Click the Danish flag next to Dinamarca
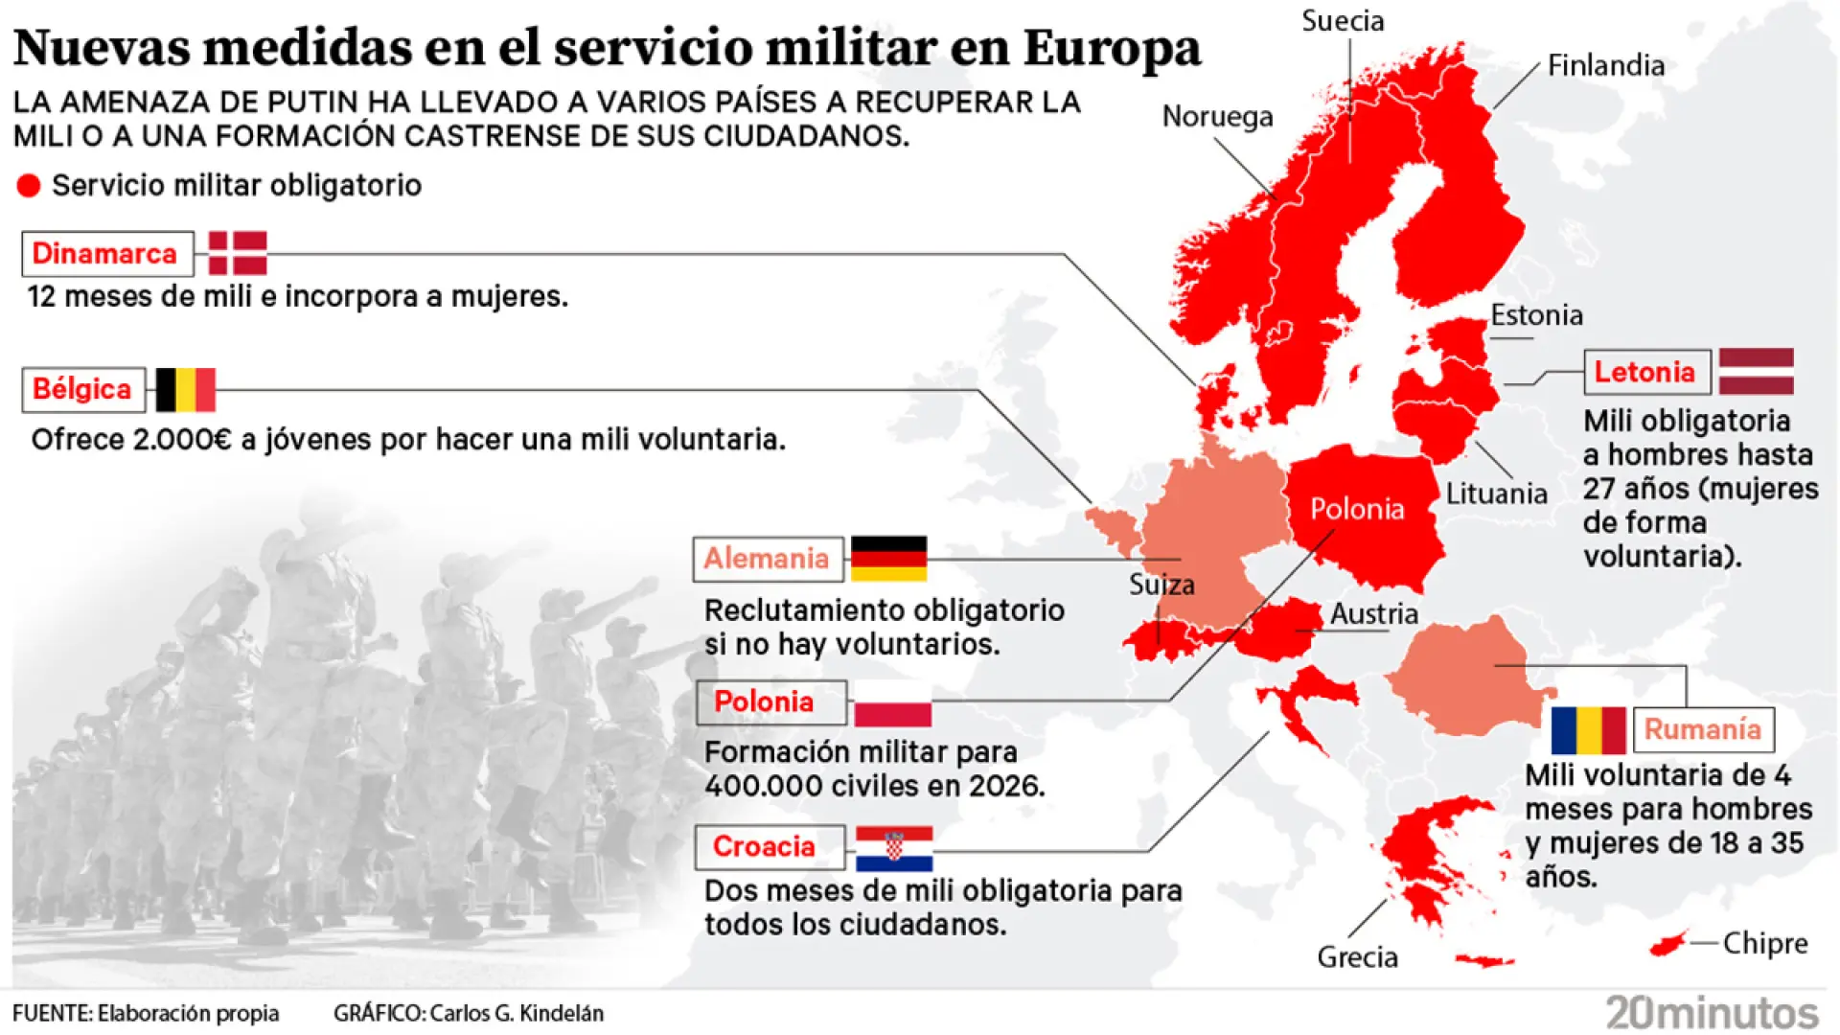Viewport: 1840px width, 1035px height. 237,253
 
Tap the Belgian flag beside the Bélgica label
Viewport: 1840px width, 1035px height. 186,389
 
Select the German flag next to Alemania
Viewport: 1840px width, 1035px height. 888,559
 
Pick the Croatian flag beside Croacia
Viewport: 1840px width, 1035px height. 893,848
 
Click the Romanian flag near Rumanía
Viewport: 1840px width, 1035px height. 1588,730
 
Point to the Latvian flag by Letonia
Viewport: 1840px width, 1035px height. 1756,372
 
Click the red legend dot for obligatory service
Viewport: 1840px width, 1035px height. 29,186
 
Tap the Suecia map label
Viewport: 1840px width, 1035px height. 1342,21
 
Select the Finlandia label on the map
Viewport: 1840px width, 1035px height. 1605,65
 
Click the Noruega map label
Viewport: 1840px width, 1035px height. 1217,116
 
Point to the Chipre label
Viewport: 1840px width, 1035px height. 1764,943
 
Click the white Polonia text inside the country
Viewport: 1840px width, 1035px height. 1357,509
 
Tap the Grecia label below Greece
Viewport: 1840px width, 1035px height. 1357,956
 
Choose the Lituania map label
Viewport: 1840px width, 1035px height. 1496,494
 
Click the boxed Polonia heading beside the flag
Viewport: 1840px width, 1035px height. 764,701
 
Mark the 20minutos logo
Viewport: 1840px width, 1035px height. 1712,1012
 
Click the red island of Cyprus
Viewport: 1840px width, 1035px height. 1667,944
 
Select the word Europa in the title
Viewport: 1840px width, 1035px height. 1111,47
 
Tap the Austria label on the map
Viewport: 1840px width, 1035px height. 1373,613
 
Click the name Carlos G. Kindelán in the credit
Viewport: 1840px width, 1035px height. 517,1013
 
